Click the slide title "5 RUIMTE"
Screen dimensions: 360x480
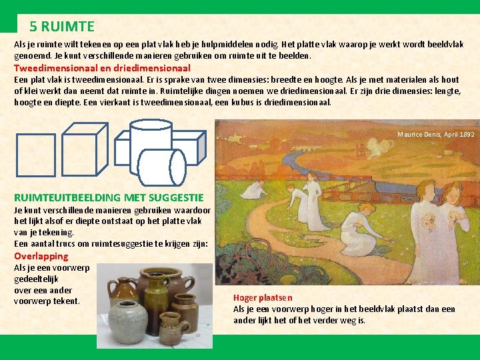coord(62,27)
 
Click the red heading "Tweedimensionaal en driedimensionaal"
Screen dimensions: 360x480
coord(103,68)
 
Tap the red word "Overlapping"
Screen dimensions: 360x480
coord(41,256)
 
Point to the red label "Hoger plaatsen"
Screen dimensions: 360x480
coord(263,298)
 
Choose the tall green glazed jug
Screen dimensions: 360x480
coord(156,302)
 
